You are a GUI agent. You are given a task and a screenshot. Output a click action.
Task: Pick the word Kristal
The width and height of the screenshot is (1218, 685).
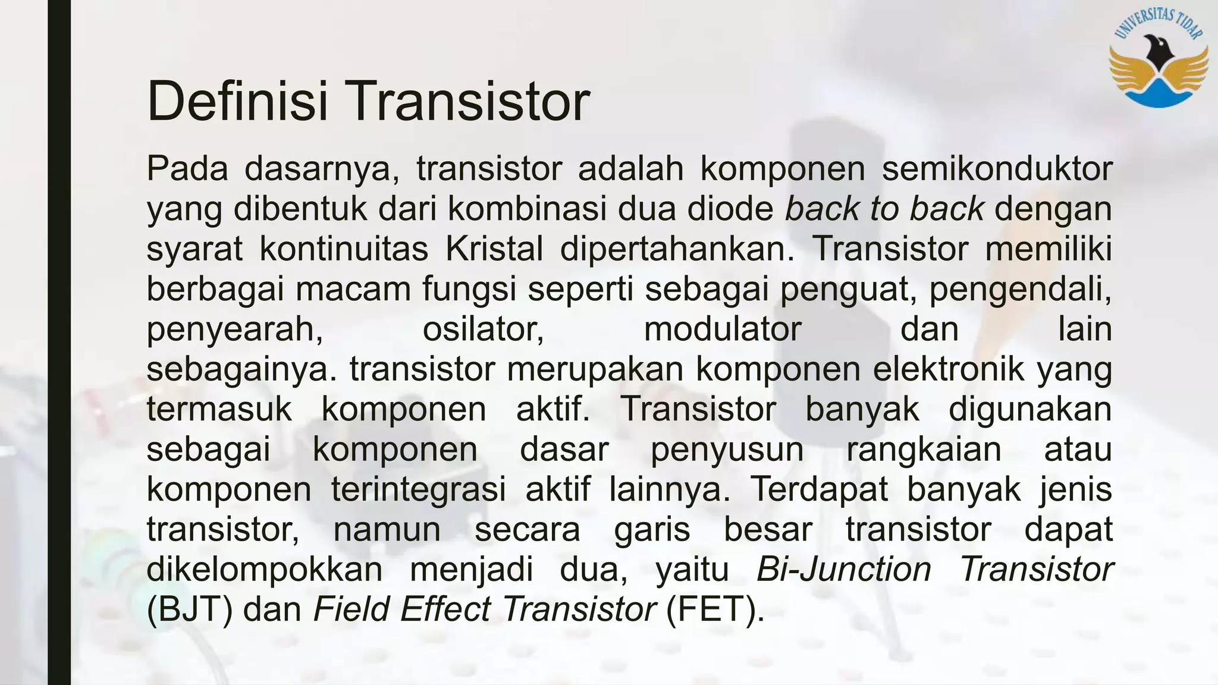(x=494, y=249)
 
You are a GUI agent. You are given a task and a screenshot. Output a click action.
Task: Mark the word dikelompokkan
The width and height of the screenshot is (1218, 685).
(x=265, y=569)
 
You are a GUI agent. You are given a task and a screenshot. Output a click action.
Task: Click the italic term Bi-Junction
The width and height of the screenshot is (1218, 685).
(x=843, y=569)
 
